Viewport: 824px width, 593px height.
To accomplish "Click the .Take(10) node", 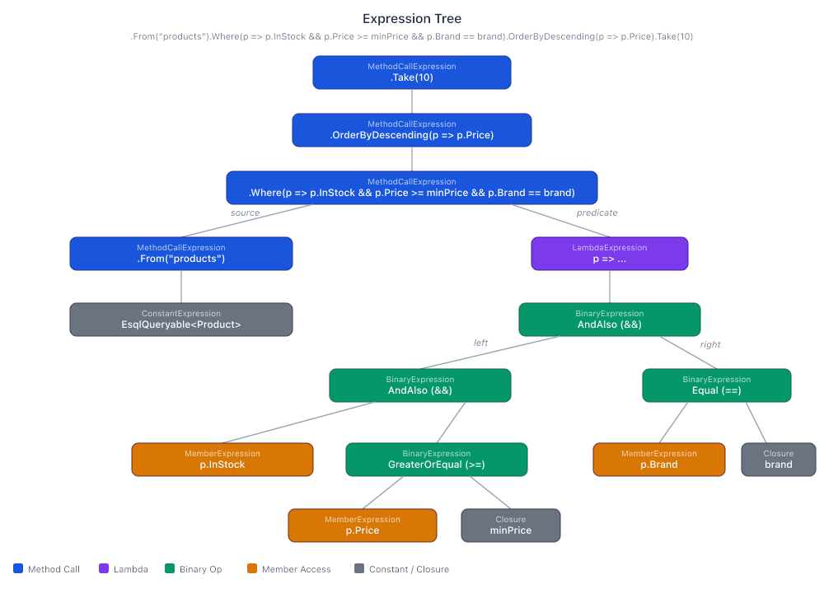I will click(412, 72).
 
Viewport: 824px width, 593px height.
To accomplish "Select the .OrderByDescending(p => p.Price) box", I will click(412, 130).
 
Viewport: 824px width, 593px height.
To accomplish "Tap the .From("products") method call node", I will click(181, 254).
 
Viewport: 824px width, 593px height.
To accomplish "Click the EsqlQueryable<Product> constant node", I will click(181, 320).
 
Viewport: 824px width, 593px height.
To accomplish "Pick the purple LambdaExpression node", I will click(610, 254).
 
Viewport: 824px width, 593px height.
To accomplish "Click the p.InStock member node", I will click(222, 460).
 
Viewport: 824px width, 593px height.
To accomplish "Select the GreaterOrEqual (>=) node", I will click(437, 460).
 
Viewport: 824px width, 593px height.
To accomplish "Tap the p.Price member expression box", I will click(363, 525).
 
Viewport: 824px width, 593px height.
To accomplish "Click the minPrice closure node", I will click(511, 525).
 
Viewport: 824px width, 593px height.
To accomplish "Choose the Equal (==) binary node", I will click(717, 385).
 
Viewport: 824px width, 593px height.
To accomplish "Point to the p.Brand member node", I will click(659, 460).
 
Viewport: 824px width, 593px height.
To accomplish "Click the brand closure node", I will click(779, 460).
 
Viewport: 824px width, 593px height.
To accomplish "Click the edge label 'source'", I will click(245, 212).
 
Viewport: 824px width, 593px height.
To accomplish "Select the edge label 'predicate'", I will click(597, 212).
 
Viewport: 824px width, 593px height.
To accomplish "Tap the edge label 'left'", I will click(480, 342).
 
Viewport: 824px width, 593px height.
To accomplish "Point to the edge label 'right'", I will click(710, 344).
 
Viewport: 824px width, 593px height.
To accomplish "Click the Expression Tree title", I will click(412, 18).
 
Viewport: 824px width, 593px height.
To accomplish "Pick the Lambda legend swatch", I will click(104, 568).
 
